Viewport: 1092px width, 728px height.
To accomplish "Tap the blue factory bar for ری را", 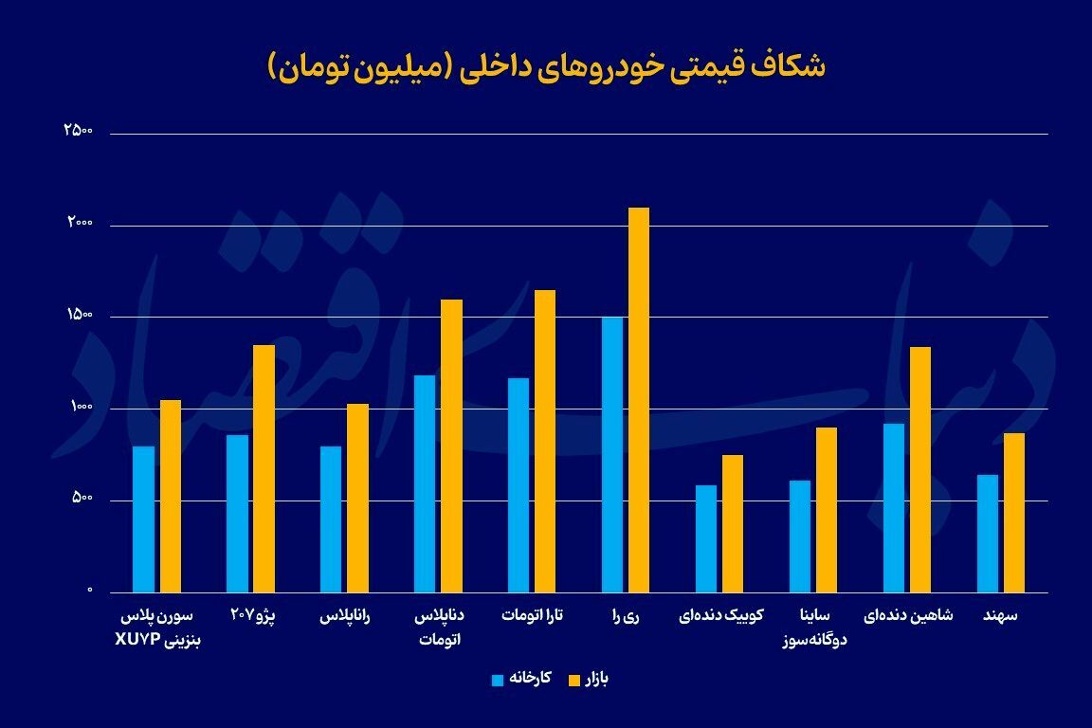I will point(612,455).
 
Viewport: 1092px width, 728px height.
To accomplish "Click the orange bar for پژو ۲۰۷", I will point(264,468).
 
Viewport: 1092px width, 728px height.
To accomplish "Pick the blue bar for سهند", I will point(987,534).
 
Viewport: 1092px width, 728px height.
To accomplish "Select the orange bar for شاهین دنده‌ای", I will point(920,469).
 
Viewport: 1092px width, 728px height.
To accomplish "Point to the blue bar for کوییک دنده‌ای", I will point(706,538).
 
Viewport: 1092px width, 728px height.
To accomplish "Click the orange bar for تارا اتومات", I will point(545,441).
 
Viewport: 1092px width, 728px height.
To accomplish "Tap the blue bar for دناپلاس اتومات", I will point(425,483).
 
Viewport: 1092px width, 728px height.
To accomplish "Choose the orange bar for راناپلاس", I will point(357,498).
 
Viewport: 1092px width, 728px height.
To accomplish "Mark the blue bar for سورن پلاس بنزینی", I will point(143,519).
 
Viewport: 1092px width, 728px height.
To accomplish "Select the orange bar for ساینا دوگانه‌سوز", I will point(827,510).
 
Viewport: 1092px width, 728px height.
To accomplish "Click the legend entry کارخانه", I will point(520,679).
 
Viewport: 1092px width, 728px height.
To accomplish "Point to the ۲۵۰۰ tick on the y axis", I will point(78,131).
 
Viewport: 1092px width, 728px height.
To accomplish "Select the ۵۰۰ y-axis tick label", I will point(80,499).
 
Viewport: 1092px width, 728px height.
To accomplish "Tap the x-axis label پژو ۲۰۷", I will point(251,615).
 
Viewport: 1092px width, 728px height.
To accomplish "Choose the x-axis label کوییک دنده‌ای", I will point(719,615).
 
